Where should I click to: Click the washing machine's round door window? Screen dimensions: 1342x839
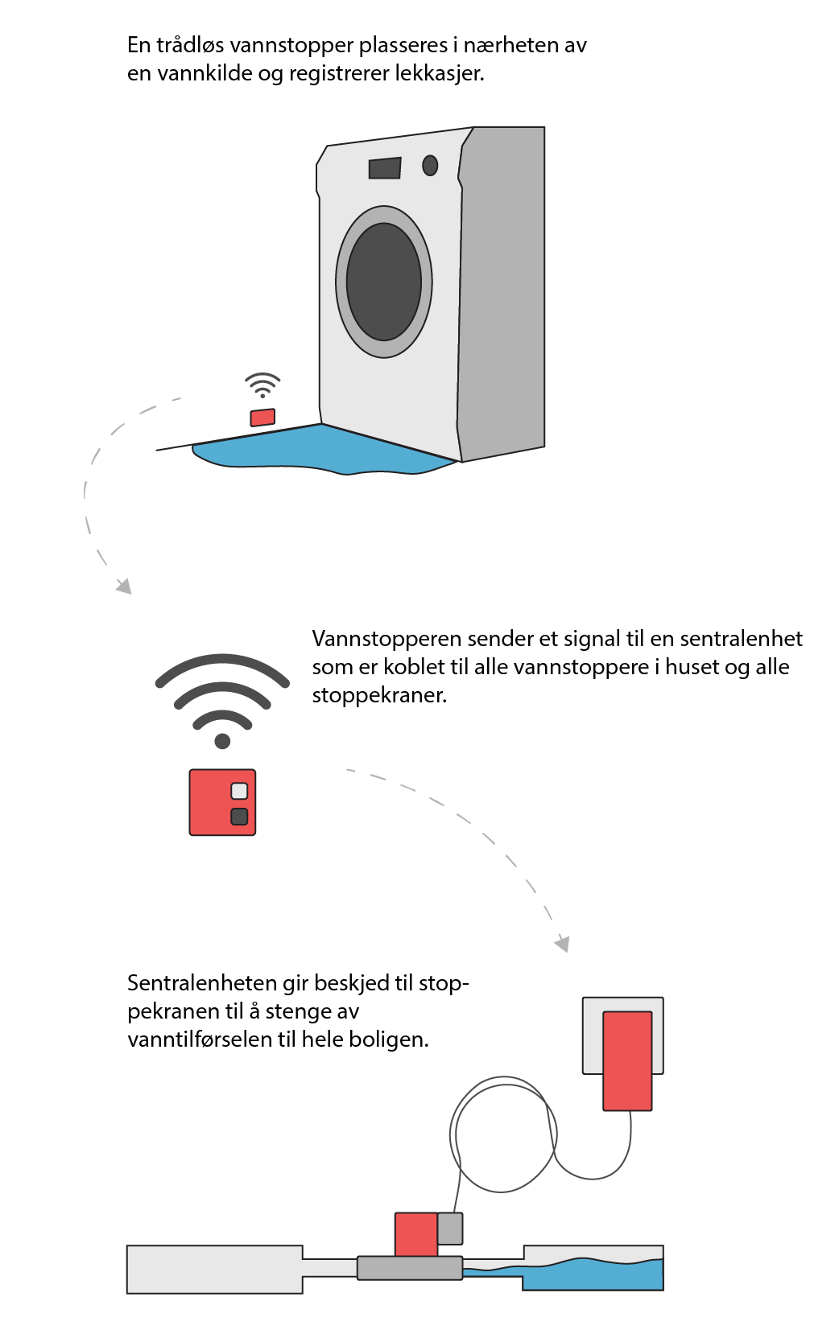pos(384,282)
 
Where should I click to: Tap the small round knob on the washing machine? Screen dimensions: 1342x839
pos(430,165)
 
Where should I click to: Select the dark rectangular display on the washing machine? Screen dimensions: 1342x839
pos(385,167)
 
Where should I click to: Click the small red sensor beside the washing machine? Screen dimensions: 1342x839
pos(262,417)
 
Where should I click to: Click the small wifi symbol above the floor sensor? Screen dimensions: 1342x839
pos(262,385)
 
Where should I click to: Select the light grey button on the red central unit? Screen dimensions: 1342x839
pos(239,790)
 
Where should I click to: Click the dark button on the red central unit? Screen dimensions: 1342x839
pos(239,817)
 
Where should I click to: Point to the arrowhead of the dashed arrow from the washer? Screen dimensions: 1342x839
pos(124,585)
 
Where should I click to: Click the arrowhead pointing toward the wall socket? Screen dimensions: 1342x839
pos(562,942)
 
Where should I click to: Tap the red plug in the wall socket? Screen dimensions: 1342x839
pos(627,1060)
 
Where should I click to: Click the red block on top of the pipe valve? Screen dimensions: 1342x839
pos(415,1234)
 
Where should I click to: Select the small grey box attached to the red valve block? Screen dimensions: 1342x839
pos(450,1229)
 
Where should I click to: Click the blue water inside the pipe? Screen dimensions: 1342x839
pos(596,1274)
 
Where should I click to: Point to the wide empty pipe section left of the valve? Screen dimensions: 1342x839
pos(214,1269)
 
